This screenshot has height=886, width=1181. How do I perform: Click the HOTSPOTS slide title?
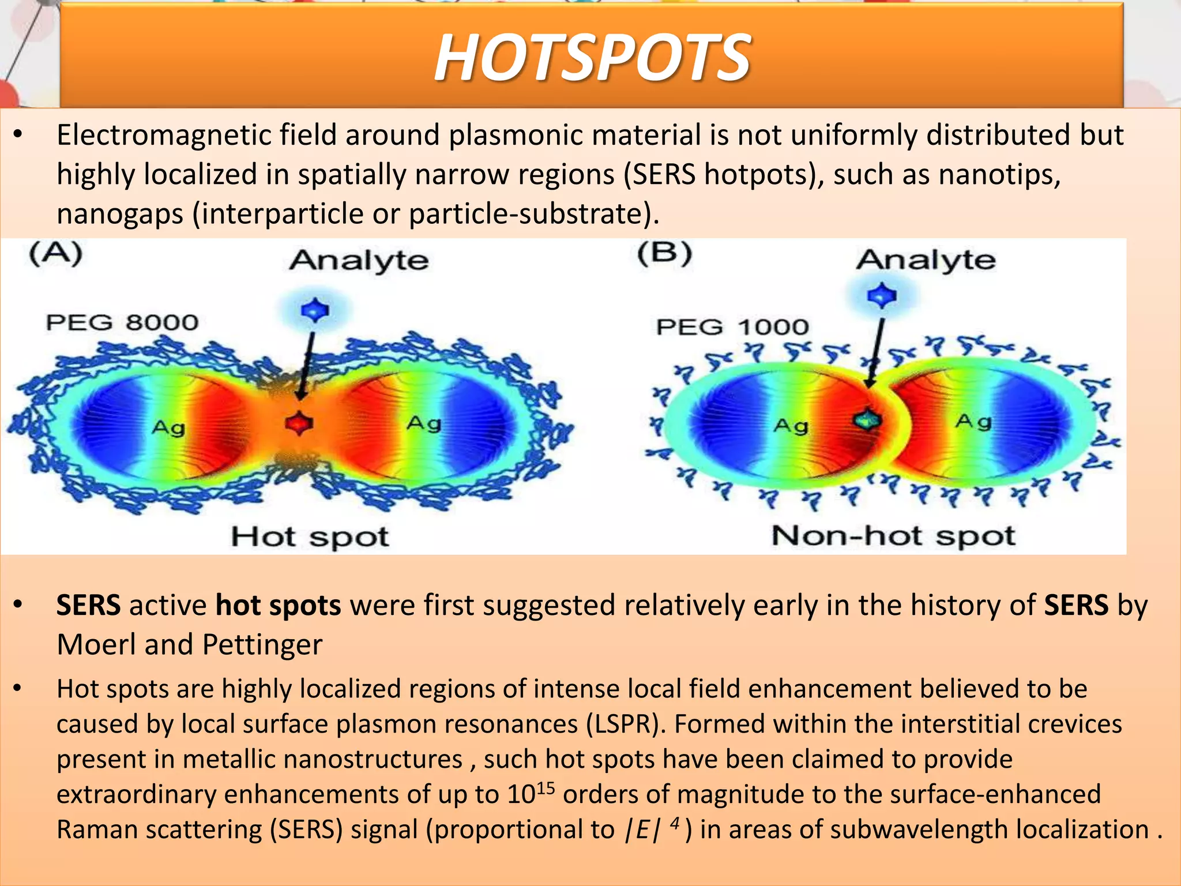click(x=592, y=57)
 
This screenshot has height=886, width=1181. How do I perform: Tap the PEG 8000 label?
click(x=122, y=322)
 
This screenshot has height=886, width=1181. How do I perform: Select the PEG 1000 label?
click(x=732, y=327)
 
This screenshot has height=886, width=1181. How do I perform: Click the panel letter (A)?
click(x=56, y=254)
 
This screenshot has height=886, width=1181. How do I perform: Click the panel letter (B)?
click(x=664, y=254)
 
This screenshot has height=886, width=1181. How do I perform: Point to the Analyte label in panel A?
click(x=359, y=260)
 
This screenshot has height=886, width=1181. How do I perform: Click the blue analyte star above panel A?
click(x=315, y=310)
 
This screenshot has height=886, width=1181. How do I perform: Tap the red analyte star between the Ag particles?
click(x=299, y=423)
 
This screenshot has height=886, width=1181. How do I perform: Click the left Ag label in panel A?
click(x=168, y=427)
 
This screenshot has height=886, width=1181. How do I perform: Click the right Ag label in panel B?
click(x=974, y=422)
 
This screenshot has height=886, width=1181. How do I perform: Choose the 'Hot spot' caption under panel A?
click(x=310, y=536)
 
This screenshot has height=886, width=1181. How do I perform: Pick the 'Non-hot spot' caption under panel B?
click(x=893, y=536)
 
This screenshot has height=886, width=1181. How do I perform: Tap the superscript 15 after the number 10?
click(x=546, y=787)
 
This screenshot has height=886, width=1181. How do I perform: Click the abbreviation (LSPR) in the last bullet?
click(x=625, y=724)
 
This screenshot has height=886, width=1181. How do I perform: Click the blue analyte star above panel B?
click(x=882, y=296)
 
